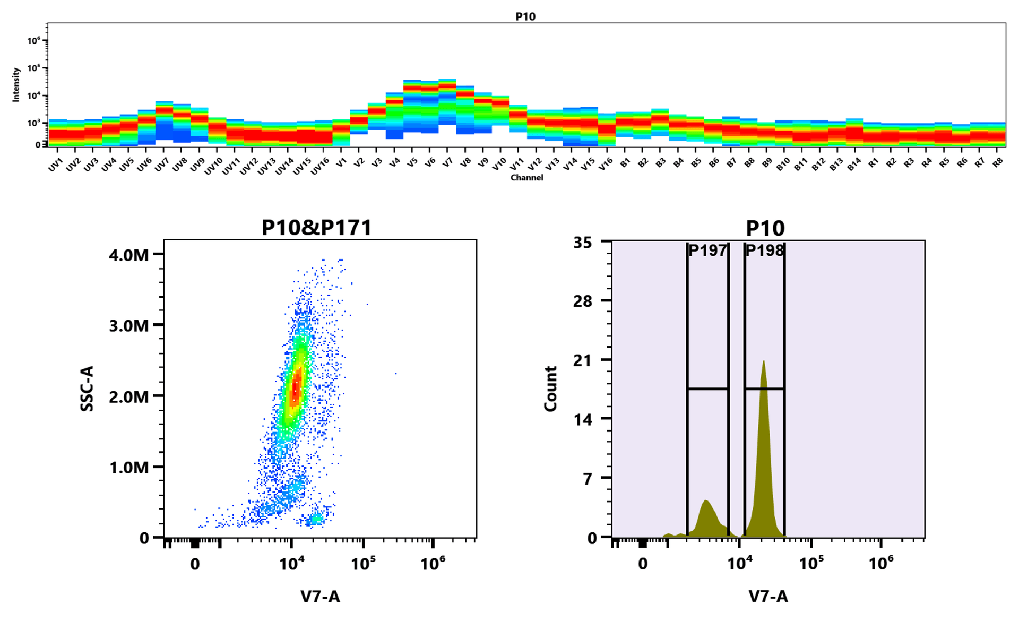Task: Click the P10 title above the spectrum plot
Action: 525,16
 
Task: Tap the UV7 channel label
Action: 161,165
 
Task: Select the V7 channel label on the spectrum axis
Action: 448,162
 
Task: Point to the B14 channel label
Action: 854,165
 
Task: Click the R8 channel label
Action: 998,163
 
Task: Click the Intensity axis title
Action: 16,84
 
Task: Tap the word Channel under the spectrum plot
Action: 526,178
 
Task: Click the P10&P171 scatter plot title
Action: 316,228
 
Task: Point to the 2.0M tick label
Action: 129,396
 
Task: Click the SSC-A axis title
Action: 87,388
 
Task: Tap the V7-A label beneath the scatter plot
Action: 320,597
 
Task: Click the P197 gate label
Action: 707,251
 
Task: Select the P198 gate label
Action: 764,251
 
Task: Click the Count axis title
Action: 551,388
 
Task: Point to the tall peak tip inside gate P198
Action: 763,362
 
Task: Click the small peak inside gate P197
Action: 706,501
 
